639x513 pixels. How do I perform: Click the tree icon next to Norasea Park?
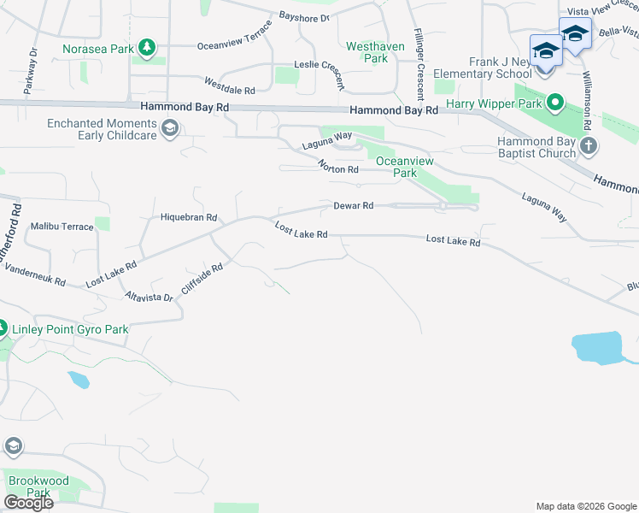point(148,48)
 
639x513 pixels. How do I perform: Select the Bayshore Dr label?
point(303,17)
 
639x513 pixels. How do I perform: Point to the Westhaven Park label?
point(368,52)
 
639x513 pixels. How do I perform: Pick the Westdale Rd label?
point(229,85)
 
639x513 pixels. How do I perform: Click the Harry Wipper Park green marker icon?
point(554,104)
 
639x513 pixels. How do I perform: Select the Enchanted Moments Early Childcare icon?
point(169,129)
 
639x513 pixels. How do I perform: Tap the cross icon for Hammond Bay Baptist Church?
point(588,145)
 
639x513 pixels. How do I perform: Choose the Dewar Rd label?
point(353,206)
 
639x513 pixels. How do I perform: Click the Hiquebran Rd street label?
point(190,217)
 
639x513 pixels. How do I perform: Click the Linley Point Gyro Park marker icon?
point(3,328)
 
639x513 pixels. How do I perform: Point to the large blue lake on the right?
point(599,348)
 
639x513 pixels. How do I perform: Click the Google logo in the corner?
point(27,503)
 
